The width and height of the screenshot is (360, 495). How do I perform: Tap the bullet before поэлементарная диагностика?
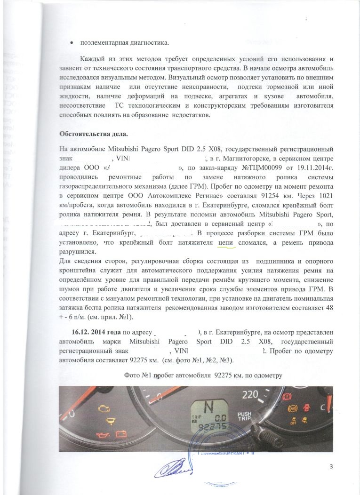click(x=71, y=43)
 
